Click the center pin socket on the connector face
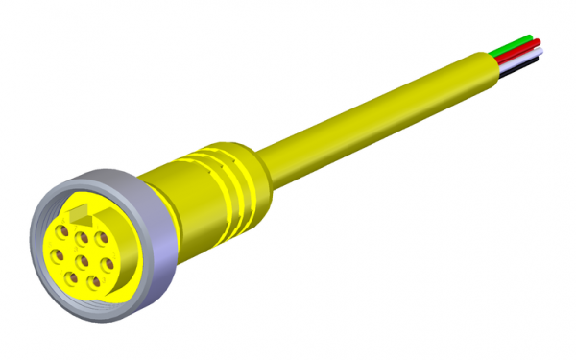(84, 258)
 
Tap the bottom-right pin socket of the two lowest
(93, 281)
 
